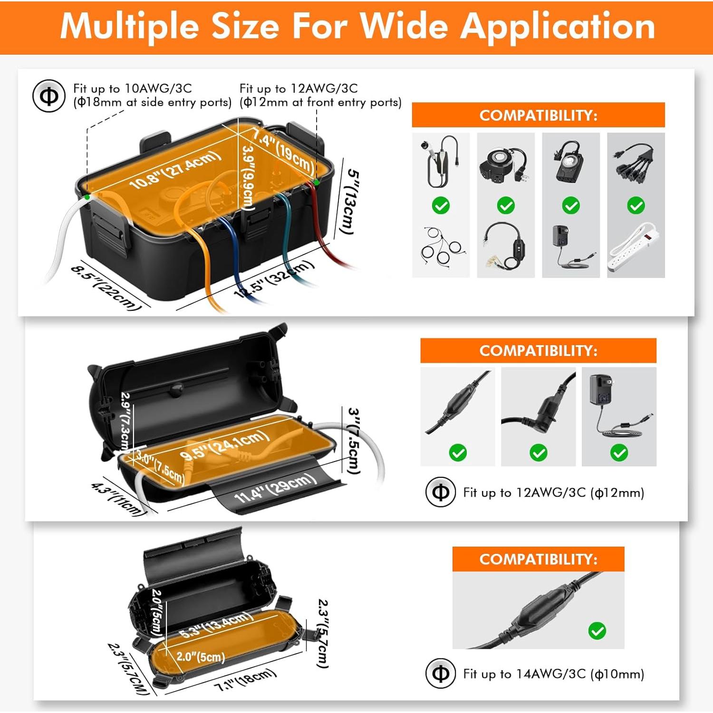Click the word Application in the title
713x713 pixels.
(x=559, y=27)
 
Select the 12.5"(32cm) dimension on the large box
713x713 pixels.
(x=274, y=279)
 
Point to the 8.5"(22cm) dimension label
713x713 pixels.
(x=106, y=288)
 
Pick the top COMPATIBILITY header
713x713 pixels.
(x=538, y=115)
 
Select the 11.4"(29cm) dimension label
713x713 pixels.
(x=276, y=488)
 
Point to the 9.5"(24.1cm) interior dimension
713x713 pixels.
(x=224, y=445)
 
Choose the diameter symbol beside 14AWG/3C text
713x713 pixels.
(x=441, y=674)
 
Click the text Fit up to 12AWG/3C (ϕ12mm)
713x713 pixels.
(x=553, y=492)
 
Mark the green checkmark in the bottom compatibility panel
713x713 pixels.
(x=597, y=631)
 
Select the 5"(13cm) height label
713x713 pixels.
(x=350, y=202)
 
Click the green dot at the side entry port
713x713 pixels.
(x=87, y=196)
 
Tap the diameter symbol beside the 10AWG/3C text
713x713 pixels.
(x=48, y=96)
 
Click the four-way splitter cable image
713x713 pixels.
(x=636, y=164)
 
